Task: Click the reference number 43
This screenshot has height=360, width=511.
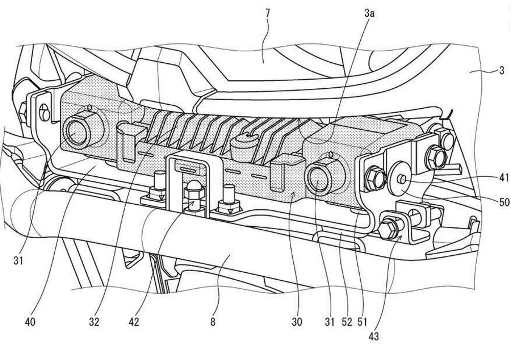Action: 374,337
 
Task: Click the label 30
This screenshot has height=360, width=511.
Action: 297,322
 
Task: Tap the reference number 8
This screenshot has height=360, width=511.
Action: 213,322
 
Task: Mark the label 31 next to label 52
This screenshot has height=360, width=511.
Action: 330,322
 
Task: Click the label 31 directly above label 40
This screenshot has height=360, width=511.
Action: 18,260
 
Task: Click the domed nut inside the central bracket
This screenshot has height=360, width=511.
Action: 194,190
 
